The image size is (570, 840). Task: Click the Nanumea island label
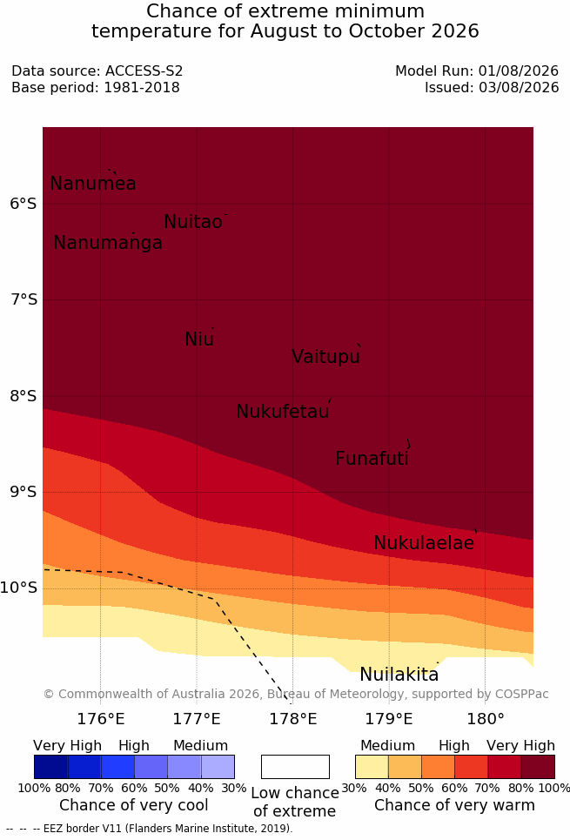tap(92, 183)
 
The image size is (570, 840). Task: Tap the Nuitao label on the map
tap(193, 221)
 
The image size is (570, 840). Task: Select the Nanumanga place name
tap(108, 243)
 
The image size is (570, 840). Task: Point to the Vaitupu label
tap(325, 356)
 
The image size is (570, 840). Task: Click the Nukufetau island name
tap(282, 412)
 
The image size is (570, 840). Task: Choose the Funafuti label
tap(372, 459)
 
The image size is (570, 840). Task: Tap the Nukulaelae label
tap(424, 542)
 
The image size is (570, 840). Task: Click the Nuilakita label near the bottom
tap(399, 675)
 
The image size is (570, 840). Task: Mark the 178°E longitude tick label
tap(293, 718)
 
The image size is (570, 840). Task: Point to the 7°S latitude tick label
tap(24, 299)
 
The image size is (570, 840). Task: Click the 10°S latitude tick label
tap(19, 588)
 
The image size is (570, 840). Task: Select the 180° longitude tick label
tap(486, 718)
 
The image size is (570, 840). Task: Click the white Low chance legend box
tap(295, 767)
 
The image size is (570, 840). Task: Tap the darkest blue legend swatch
tap(50, 767)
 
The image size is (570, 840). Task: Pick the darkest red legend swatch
tap(538, 767)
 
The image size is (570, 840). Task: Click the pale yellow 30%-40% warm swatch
tap(372, 767)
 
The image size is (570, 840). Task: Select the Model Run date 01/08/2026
tap(519, 71)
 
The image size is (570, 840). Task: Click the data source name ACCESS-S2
tap(144, 71)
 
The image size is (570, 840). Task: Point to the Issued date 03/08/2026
tap(519, 87)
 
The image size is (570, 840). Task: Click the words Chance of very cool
tap(133, 805)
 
